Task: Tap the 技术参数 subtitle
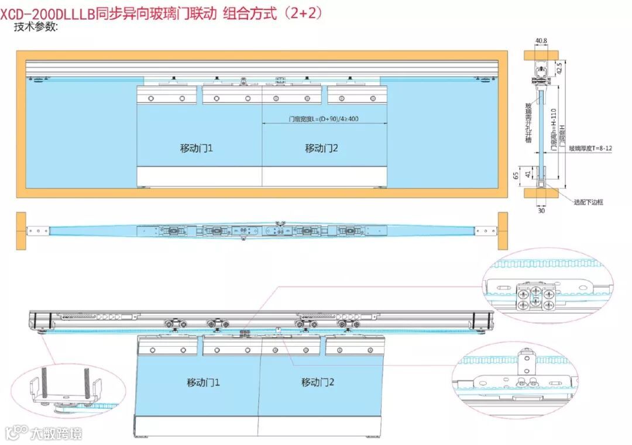tap(36, 27)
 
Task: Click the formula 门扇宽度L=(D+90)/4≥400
tap(323, 119)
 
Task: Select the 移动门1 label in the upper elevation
tap(196, 148)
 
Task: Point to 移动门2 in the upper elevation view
tap(321, 148)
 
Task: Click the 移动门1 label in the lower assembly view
tap(203, 382)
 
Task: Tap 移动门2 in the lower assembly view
tap(318, 382)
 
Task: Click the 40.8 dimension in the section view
tap(541, 41)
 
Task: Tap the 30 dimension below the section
tap(541, 211)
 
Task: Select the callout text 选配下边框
tap(588, 202)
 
